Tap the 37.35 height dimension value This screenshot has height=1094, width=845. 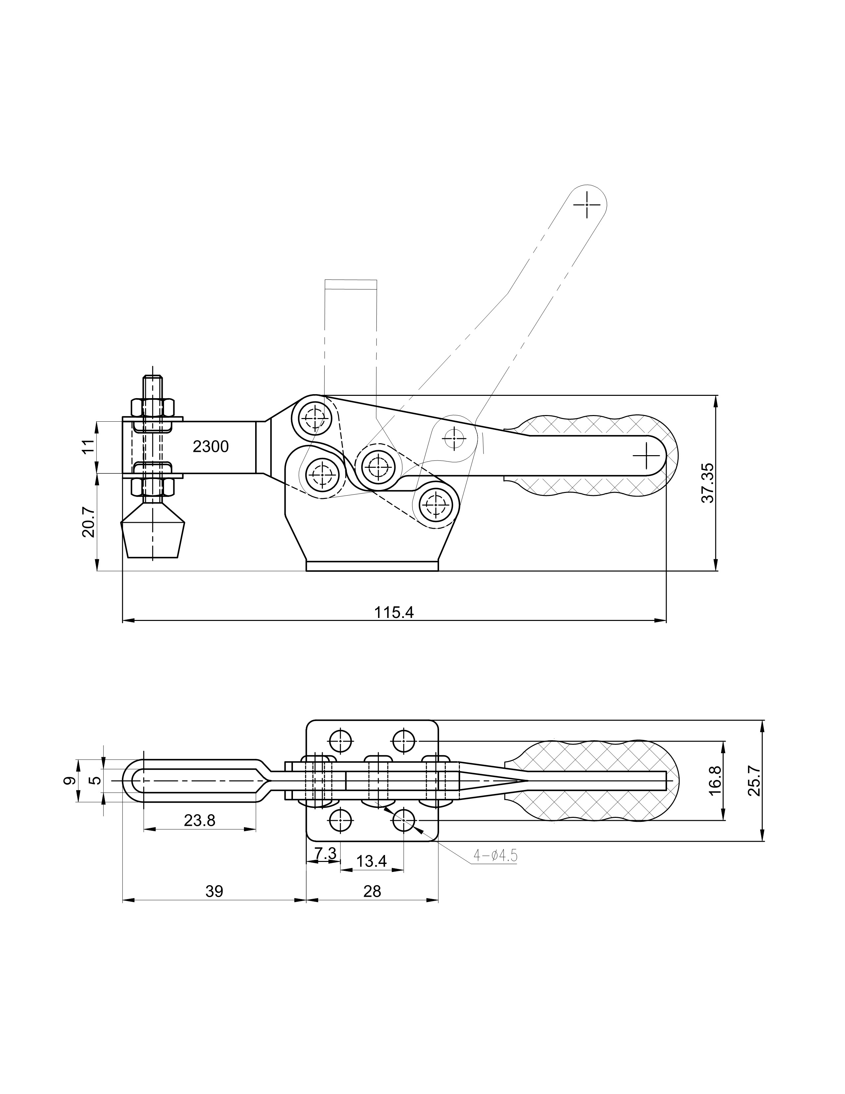[x=708, y=483]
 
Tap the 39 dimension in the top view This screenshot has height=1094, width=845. [x=214, y=891]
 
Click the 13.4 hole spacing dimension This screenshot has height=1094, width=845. [x=372, y=861]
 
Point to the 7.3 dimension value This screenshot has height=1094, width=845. [x=325, y=853]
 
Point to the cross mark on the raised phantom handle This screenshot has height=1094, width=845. [x=587, y=204]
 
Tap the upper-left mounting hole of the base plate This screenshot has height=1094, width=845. [x=340, y=740]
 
